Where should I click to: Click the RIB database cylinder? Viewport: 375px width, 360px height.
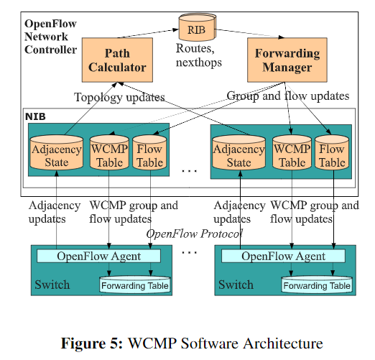198,27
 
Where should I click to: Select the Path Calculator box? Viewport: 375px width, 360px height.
117,60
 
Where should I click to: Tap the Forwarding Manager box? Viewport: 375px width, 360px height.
287,60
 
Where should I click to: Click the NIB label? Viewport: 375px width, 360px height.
35,116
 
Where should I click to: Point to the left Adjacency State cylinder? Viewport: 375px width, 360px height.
57,152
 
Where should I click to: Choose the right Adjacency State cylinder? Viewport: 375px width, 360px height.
239,152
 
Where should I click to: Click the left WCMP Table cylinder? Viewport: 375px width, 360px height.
109,152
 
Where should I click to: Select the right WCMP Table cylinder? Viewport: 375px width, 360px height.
292,152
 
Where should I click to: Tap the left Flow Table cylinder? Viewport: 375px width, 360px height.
149,152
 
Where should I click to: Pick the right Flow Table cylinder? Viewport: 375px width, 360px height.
332,152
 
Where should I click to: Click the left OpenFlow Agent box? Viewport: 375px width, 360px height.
98,256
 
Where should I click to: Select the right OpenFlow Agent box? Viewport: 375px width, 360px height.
283,256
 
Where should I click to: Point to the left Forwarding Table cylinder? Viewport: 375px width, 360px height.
135,285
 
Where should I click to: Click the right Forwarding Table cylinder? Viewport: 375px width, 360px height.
317,285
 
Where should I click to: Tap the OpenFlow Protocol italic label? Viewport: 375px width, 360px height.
195,234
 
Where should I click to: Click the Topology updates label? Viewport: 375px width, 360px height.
119,98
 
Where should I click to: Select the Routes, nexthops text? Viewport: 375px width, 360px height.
199,55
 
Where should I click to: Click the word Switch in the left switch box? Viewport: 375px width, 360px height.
52,285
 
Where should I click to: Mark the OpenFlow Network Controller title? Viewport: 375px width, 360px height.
50,37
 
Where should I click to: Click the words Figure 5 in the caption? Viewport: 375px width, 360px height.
92,343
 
